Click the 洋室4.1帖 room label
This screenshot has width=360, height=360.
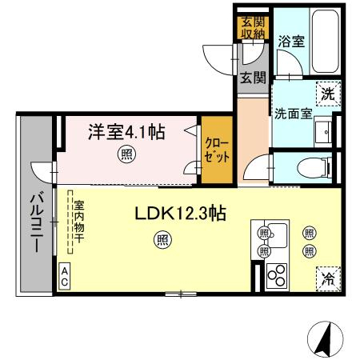(126, 132)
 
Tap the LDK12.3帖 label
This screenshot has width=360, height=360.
(181, 213)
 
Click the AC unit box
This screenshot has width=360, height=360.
(64, 277)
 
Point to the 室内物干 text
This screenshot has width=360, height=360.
(79, 222)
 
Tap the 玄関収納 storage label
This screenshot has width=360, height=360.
(253, 28)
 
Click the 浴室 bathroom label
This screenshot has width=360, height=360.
(291, 42)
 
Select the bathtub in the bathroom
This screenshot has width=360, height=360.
(326, 42)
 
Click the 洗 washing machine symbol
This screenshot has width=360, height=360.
(328, 94)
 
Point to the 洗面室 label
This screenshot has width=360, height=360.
(294, 114)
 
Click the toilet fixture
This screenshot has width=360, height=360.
(314, 168)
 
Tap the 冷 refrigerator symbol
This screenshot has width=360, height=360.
(328, 278)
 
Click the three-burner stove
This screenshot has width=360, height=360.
(277, 276)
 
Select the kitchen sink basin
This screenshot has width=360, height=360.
(278, 235)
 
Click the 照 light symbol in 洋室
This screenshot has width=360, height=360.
(126, 154)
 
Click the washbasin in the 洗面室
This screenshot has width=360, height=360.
(323, 132)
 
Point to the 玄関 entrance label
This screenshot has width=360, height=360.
(253, 78)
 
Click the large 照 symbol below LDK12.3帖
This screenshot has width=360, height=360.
(162, 240)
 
